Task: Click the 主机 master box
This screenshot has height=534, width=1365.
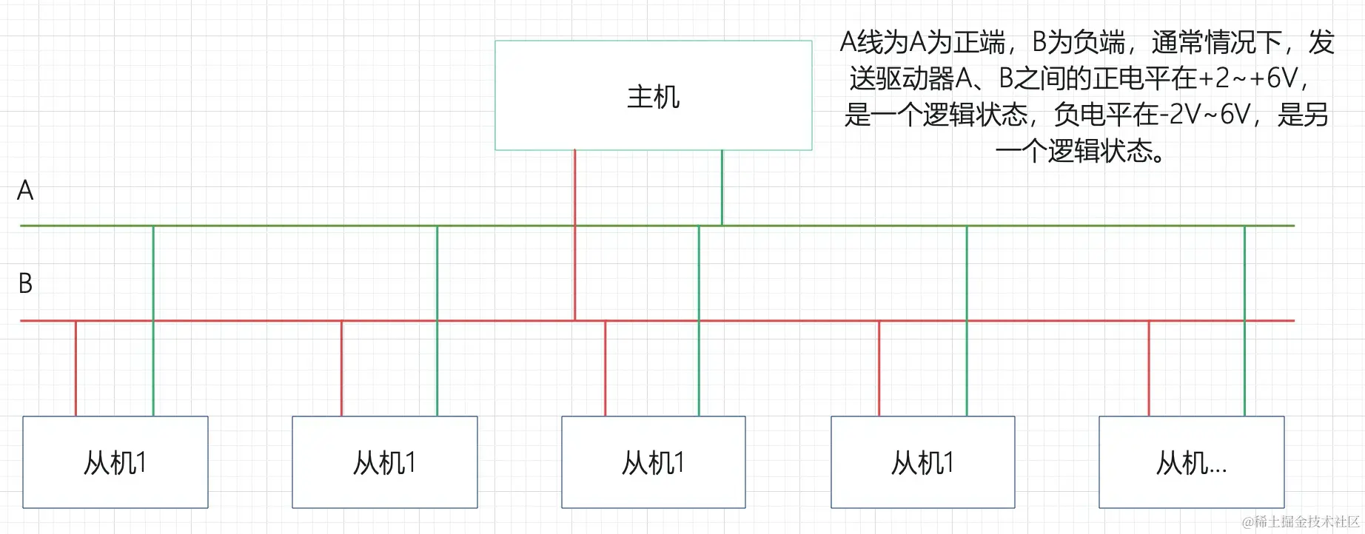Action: (653, 96)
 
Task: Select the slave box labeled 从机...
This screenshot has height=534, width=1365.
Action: (1191, 463)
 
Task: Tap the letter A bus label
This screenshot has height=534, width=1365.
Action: (25, 191)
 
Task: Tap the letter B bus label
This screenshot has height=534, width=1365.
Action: (25, 283)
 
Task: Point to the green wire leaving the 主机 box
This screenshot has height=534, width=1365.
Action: (722, 188)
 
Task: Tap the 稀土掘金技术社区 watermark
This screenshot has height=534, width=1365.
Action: (1301, 522)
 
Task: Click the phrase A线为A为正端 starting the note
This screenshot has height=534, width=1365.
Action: (922, 43)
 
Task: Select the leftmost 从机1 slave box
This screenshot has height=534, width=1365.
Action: (115, 463)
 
